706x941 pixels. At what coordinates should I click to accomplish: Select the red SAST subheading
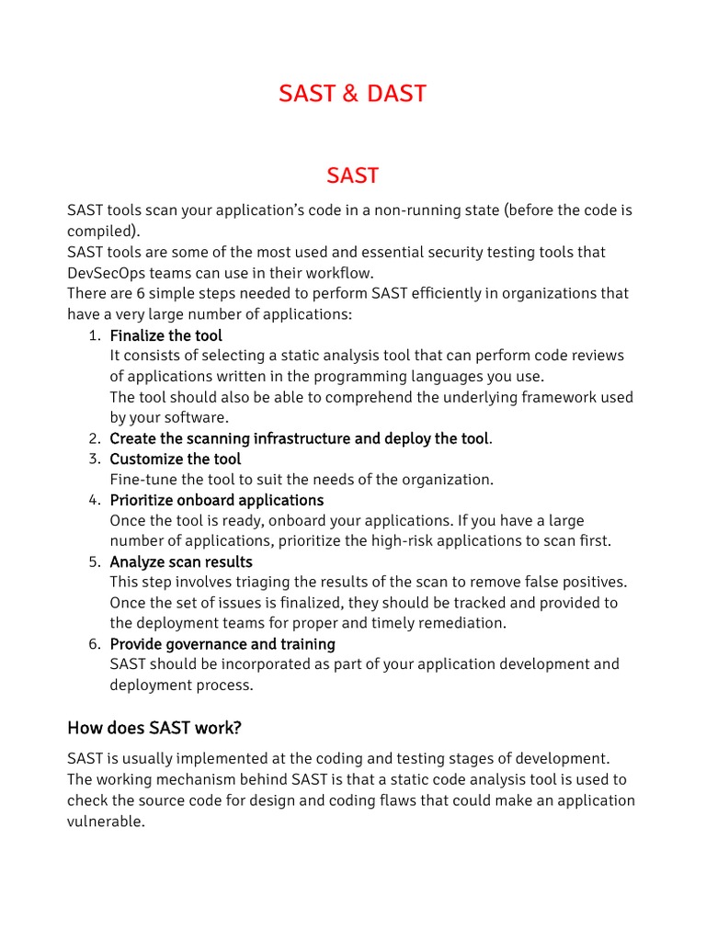[x=352, y=175]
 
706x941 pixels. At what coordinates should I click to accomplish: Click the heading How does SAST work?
[x=154, y=728]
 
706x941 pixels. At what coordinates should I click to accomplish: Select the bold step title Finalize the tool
[x=165, y=335]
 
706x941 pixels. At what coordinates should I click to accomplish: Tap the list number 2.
[x=95, y=438]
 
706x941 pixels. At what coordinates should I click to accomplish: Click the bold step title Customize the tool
[x=175, y=459]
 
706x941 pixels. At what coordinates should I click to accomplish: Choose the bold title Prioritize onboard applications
[x=216, y=500]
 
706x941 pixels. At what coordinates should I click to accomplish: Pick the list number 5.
[x=95, y=561]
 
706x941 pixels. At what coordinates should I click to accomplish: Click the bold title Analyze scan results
[x=180, y=561]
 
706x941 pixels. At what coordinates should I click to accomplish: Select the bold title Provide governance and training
[x=222, y=643]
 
